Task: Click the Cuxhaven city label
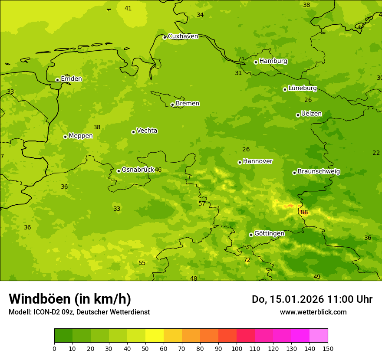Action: [x=183, y=36]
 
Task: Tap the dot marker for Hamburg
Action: [x=256, y=62]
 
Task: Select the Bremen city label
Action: [x=188, y=104]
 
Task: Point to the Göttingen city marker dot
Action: [x=251, y=235]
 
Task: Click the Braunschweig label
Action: [x=319, y=172]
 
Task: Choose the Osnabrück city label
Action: [x=138, y=170]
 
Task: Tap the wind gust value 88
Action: [x=304, y=213]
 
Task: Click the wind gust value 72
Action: [x=247, y=260]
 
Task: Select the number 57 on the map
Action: [x=202, y=204]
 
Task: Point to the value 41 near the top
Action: [x=128, y=9]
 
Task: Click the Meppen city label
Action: [x=81, y=136]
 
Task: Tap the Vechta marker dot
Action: [x=133, y=132]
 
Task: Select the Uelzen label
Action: [x=311, y=114]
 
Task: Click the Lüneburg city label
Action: [x=303, y=88]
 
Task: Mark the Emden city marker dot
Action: [x=57, y=80]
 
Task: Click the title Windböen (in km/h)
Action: [x=70, y=299]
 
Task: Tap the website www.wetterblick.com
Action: [x=313, y=312]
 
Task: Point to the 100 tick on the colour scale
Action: [x=237, y=348]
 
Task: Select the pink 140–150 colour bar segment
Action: [x=319, y=336]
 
